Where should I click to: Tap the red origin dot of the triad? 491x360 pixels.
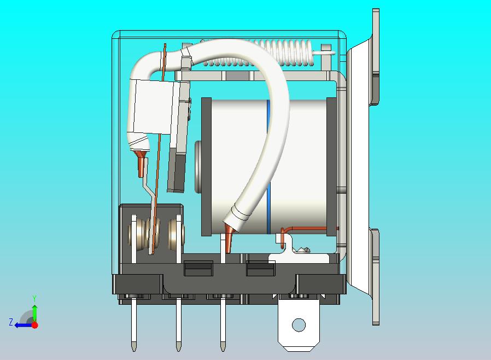(35, 325)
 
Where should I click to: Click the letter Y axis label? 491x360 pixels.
(35, 298)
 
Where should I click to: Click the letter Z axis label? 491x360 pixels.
(11, 322)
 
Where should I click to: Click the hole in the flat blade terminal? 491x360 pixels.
(299, 325)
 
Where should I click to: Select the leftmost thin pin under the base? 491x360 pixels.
(134, 324)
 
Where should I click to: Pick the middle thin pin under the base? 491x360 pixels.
(178, 324)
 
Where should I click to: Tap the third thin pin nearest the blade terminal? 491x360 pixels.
(223, 324)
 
